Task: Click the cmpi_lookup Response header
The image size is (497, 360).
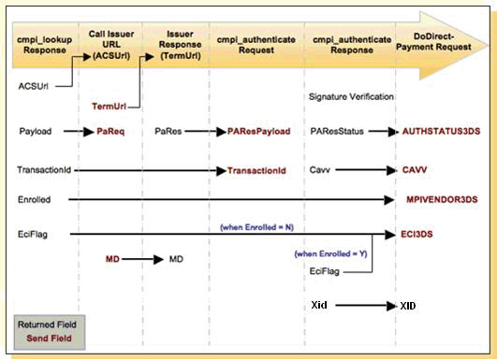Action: click(44, 45)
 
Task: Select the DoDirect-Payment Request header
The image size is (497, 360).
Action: click(433, 42)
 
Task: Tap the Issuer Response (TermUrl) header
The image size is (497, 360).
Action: click(180, 45)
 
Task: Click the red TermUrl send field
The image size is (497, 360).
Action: click(109, 106)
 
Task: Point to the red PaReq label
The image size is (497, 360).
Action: click(110, 132)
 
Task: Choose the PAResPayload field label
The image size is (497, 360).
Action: click(258, 132)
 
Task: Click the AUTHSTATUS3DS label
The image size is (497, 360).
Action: click(441, 132)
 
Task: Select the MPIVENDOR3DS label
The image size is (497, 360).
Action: click(442, 199)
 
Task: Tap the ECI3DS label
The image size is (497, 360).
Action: click(417, 235)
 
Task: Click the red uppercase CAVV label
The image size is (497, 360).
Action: click(415, 169)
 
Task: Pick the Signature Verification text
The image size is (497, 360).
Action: click(351, 96)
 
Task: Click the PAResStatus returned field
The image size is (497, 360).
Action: click(337, 132)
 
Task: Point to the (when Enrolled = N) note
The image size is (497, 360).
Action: click(256, 227)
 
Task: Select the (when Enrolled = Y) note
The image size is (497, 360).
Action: click(330, 254)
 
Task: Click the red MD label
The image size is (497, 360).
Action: click(112, 259)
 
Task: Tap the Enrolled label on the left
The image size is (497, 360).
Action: click(35, 199)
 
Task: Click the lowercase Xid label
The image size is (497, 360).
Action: click(319, 305)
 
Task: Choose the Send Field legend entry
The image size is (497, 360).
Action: click(49, 338)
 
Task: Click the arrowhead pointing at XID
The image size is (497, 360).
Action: click(391, 306)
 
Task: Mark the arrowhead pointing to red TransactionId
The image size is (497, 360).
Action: click(221, 171)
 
